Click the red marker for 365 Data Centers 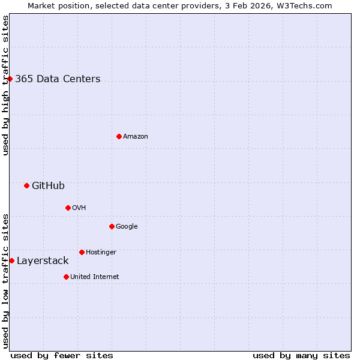10,79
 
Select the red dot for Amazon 119,136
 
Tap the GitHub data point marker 26,185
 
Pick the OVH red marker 68,208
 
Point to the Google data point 112,226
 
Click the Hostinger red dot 82,252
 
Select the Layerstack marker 11,260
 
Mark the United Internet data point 66,277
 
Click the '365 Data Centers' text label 58,79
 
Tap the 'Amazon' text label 136,137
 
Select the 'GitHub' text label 48,186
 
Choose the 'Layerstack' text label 43,261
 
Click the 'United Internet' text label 95,277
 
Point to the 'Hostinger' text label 101,253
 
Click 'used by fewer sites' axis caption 62,355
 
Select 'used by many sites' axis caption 301,355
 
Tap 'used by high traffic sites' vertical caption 5,85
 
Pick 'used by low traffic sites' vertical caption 5,280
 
